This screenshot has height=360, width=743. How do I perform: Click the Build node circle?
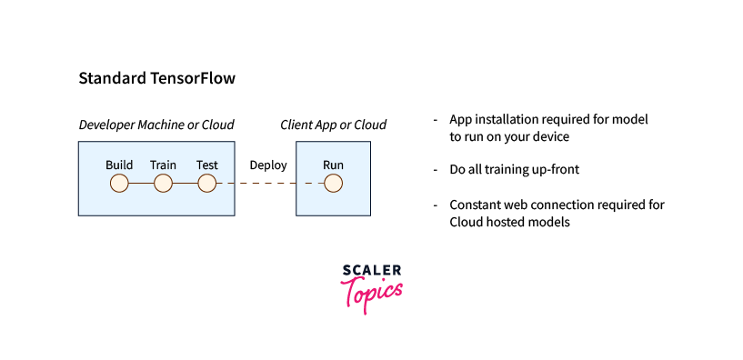click(x=119, y=184)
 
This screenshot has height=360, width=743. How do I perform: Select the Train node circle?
click(x=163, y=184)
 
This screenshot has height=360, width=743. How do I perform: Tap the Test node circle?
click(x=207, y=184)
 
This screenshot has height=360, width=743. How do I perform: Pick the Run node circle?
click(x=333, y=184)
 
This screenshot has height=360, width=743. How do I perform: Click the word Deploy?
click(x=268, y=165)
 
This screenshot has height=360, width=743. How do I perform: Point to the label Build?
click(x=119, y=165)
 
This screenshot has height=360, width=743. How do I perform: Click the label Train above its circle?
click(x=163, y=165)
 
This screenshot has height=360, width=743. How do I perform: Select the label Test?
click(x=207, y=165)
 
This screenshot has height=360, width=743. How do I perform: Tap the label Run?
click(x=333, y=165)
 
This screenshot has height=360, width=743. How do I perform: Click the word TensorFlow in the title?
click(x=193, y=78)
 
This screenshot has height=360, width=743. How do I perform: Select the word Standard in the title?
click(x=112, y=78)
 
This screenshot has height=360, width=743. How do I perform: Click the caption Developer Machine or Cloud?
click(x=156, y=125)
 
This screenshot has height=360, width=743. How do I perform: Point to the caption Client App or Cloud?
click(x=333, y=125)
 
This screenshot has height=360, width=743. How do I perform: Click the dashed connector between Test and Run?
click(x=270, y=184)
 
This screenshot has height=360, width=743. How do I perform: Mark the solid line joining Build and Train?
click(x=141, y=184)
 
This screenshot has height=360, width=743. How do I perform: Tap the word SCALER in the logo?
click(x=371, y=271)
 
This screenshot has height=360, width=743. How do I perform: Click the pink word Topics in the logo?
click(x=371, y=294)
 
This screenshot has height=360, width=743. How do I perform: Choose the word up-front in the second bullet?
click(x=557, y=170)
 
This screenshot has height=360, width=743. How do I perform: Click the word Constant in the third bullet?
click(x=475, y=205)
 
